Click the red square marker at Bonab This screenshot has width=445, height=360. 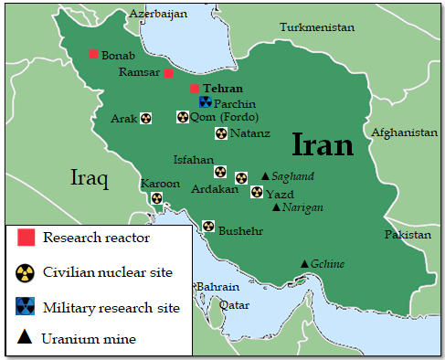click(93, 54)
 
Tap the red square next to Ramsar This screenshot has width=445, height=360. click(168, 72)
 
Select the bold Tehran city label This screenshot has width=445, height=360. click(224, 89)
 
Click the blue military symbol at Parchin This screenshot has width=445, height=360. click(206, 102)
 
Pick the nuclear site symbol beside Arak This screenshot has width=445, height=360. click(146, 119)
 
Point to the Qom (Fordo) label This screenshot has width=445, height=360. click(225, 117)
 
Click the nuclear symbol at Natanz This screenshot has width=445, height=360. click(220, 133)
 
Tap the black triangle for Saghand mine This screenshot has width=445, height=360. click(265, 175)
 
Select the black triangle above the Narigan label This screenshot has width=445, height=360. click(276, 206)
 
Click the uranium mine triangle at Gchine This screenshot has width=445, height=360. click(304, 264)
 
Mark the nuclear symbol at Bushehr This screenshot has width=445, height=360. click(208, 226)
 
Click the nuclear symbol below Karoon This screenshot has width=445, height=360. click(156, 197)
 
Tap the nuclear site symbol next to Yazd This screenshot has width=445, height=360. click(257, 192)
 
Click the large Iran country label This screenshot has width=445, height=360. click(323, 144)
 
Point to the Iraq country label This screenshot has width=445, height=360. click(90, 177)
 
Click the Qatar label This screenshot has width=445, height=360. click(234, 304)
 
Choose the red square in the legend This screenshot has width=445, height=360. click(26, 238)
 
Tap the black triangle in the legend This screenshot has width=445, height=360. click(26, 339)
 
